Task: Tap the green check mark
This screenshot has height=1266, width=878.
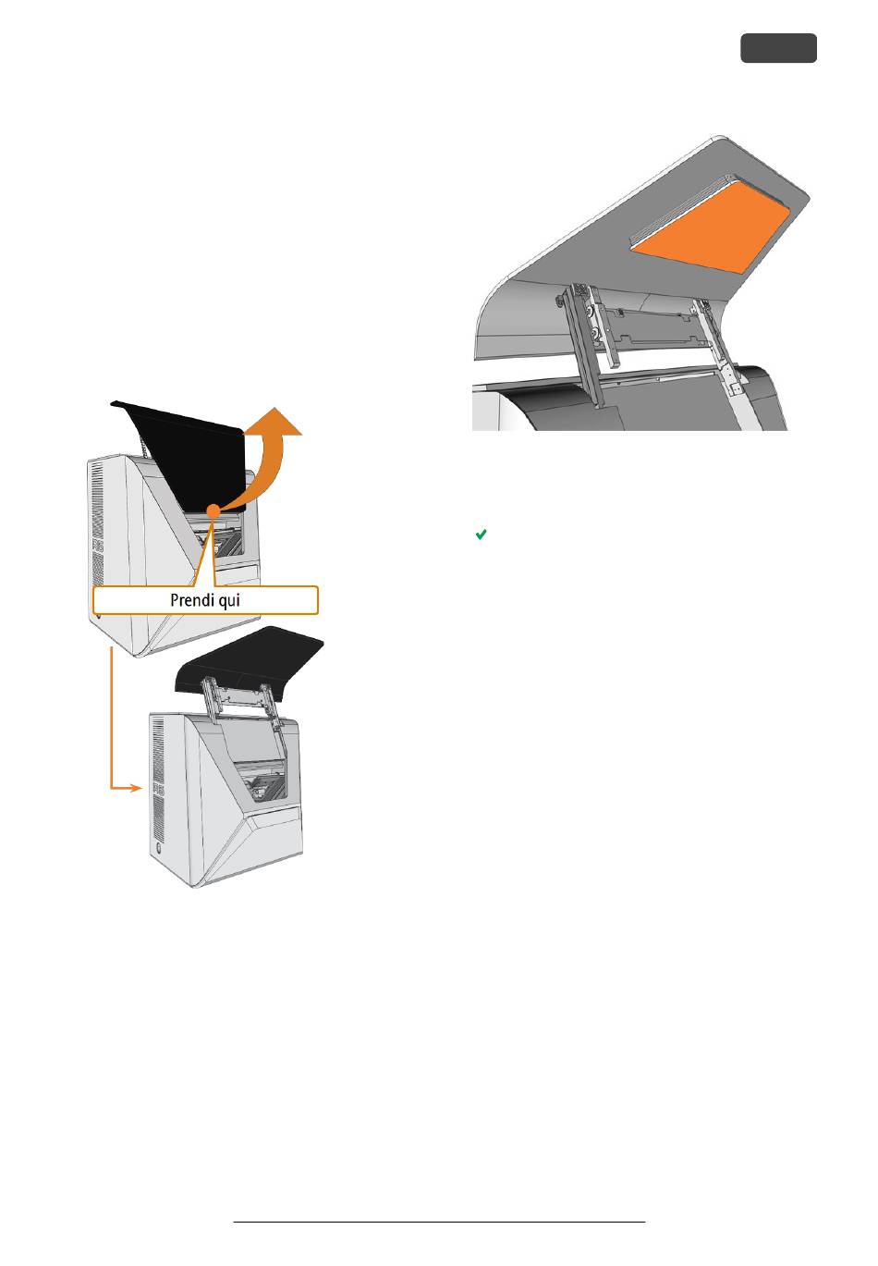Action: click(x=481, y=534)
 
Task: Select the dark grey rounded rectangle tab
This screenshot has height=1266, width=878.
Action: click(x=778, y=48)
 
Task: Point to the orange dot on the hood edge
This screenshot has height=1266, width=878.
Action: click(x=213, y=510)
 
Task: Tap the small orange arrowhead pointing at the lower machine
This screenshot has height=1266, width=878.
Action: click(x=135, y=787)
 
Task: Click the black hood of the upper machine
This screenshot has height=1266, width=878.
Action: click(x=187, y=458)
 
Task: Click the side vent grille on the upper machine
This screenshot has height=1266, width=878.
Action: click(x=97, y=522)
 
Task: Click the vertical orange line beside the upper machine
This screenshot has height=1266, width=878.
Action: click(x=111, y=717)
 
